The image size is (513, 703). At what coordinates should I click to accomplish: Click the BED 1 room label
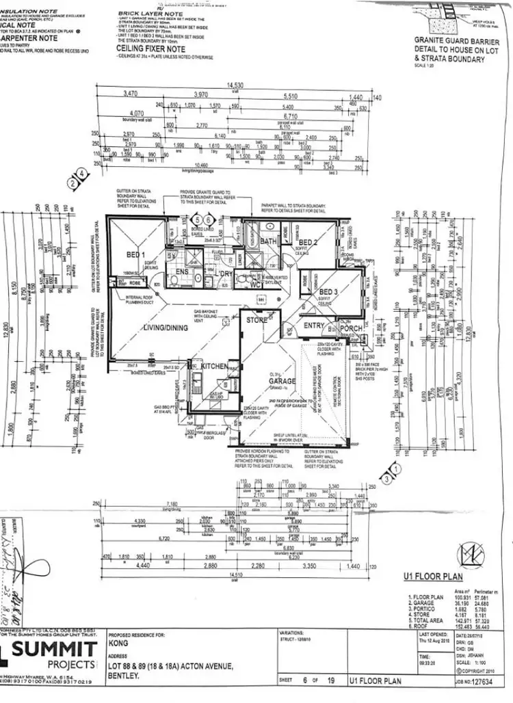pyautogui.click(x=138, y=254)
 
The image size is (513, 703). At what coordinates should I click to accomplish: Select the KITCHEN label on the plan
pyautogui.click(x=213, y=367)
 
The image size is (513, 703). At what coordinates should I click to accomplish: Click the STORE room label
pyautogui.click(x=257, y=319)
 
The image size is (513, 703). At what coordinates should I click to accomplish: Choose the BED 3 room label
pyautogui.click(x=330, y=293)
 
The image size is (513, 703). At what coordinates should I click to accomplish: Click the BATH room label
pyautogui.click(x=269, y=241)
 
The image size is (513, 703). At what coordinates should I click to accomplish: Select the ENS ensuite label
pyautogui.click(x=183, y=272)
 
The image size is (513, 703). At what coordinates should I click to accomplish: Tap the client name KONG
pyautogui.click(x=119, y=644)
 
